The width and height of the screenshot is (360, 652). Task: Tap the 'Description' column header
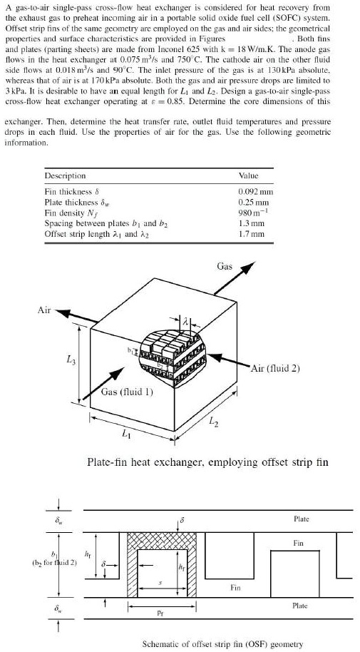click(x=65, y=175)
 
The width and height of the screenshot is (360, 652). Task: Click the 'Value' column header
click(x=247, y=175)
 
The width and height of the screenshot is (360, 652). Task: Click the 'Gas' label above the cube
click(x=223, y=266)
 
